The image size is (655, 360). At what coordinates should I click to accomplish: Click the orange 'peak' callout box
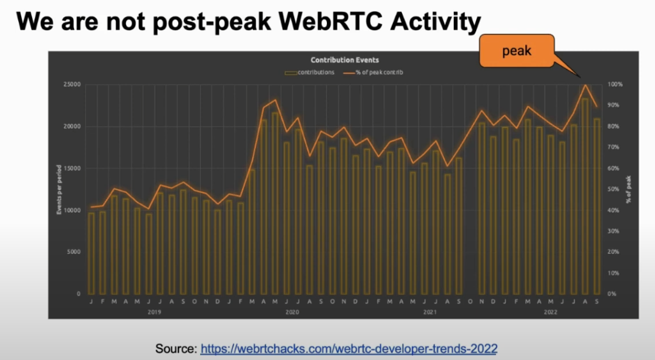(x=517, y=50)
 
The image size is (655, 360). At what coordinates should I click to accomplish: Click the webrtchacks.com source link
(x=349, y=348)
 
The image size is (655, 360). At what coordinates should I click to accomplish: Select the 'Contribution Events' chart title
(x=344, y=60)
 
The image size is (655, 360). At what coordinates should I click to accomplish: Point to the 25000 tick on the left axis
(x=72, y=84)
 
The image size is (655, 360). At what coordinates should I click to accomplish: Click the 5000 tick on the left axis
(x=74, y=252)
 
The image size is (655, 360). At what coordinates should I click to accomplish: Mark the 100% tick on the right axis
(x=615, y=84)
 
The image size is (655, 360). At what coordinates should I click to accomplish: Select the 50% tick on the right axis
(x=614, y=189)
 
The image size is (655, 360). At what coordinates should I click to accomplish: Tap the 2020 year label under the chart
(x=292, y=312)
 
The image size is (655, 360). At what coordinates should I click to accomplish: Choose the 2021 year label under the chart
(x=430, y=312)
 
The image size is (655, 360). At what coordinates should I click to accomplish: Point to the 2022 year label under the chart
(x=551, y=312)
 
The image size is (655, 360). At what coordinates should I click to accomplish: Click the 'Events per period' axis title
(x=59, y=189)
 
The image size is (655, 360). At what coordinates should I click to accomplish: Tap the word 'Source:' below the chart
(x=176, y=348)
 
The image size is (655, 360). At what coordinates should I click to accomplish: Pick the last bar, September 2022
(x=597, y=206)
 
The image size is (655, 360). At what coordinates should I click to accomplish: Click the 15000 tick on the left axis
(x=72, y=168)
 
